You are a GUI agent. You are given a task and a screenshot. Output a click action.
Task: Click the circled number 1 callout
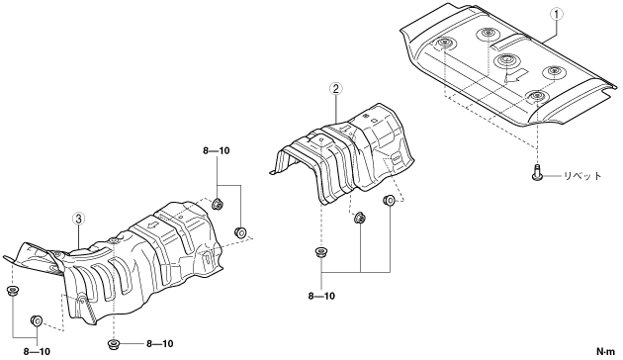556,14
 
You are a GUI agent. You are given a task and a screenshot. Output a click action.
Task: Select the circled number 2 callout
336,88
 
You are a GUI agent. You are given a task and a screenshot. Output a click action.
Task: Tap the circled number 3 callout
78,219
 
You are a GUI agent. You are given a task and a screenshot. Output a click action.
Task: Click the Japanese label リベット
582,176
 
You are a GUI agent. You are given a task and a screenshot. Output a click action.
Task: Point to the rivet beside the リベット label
537,172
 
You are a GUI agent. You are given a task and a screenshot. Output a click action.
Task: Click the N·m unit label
605,352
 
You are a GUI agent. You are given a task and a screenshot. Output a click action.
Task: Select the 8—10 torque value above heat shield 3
217,151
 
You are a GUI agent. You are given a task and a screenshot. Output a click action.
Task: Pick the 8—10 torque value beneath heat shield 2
321,296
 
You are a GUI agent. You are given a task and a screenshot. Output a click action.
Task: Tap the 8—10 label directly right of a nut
160,344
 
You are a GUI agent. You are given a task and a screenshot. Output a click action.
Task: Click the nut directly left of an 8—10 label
114,344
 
